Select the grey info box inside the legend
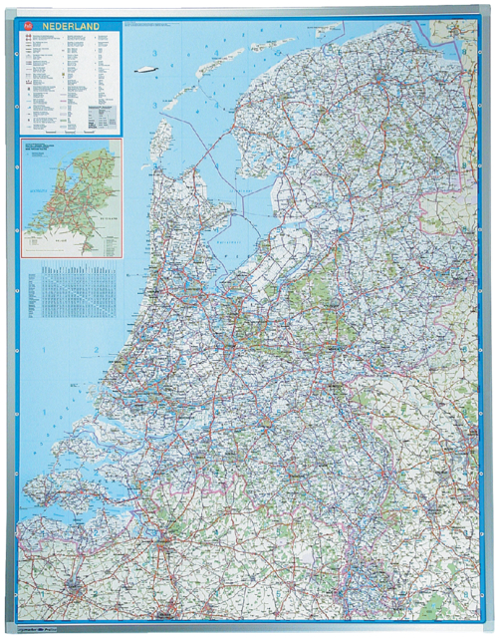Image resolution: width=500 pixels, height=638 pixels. coord(99,116)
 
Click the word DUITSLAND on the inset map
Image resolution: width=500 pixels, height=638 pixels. coord(111,189)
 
